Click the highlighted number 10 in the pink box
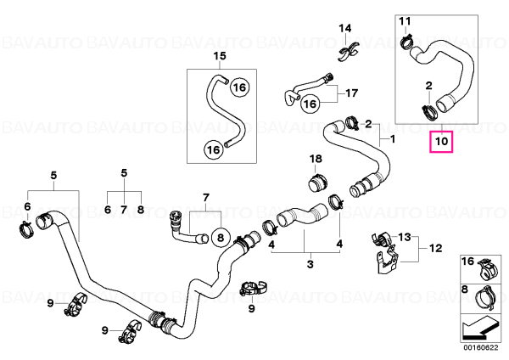[441, 141]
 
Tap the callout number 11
[405, 21]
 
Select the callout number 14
[345, 28]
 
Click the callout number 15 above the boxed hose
[220, 56]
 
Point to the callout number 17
[351, 93]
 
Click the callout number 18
[316, 159]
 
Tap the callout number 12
[436, 248]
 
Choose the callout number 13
[405, 237]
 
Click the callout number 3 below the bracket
[310, 264]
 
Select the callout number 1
[393, 139]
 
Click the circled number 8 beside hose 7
[221, 238]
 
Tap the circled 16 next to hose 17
[310, 104]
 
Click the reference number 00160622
[481, 348]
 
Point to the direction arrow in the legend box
[480, 329]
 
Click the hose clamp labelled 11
[406, 42]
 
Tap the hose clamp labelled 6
[26, 229]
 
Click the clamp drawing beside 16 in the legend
[487, 270]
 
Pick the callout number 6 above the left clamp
[27, 206]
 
